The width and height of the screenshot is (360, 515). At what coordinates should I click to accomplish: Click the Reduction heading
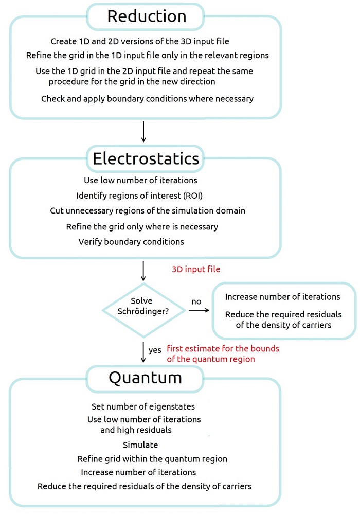[x=147, y=16]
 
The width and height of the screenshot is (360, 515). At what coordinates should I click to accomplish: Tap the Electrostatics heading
[x=146, y=158]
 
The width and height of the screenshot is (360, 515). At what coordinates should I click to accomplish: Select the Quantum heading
[x=145, y=378]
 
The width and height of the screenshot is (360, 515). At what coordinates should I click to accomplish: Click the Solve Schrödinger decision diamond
[x=143, y=310]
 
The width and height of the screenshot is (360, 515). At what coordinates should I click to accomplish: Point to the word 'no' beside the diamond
[x=196, y=301]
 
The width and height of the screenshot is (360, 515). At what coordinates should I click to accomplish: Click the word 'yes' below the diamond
[x=155, y=350]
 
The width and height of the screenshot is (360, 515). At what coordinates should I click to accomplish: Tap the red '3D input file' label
[x=196, y=269]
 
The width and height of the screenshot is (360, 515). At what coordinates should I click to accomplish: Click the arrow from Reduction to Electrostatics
[x=143, y=132]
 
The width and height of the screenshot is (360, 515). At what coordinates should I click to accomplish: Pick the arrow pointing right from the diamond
[x=199, y=310]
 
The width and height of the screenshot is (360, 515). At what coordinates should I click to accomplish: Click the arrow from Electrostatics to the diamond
[x=143, y=271]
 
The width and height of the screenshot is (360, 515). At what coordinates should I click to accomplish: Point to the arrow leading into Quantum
[x=143, y=352]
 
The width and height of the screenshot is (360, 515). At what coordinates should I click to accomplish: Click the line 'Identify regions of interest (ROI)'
[x=139, y=196]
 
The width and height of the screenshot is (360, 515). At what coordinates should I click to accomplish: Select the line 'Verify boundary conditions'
[x=131, y=242]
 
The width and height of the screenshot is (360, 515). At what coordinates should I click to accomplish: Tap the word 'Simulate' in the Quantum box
[x=140, y=445]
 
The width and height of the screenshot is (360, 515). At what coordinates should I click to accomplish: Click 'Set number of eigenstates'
[x=143, y=406]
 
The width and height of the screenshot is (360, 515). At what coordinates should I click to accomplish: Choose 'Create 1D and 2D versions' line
[x=140, y=41]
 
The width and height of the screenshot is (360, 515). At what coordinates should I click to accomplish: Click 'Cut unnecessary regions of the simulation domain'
[x=148, y=211]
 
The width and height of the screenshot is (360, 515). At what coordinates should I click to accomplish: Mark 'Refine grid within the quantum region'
[x=152, y=459]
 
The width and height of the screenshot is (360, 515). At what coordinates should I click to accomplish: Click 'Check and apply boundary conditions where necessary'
[x=148, y=99]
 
